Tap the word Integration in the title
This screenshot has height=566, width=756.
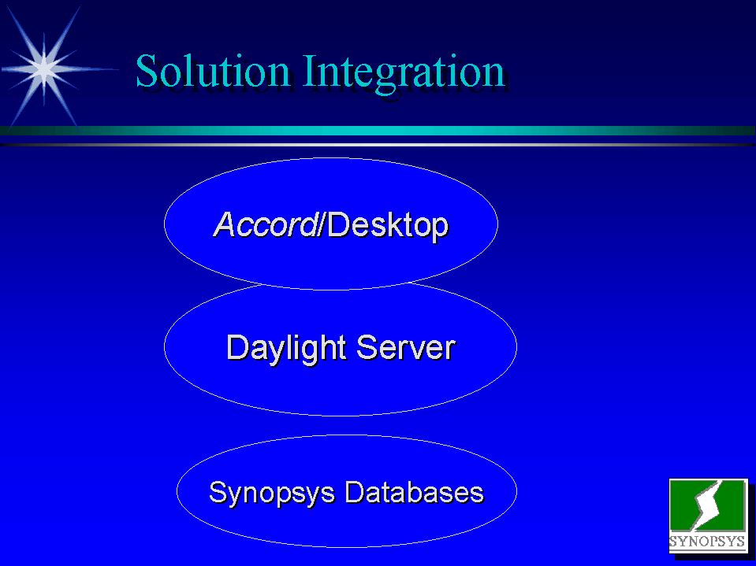pyautogui.click(x=404, y=73)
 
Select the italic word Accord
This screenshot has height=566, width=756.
pyautogui.click(x=265, y=224)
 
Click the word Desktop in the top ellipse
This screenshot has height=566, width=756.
pyautogui.click(x=388, y=225)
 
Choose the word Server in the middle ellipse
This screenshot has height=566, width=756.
pyautogui.click(x=406, y=347)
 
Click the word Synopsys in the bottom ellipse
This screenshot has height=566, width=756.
pyautogui.click(x=271, y=493)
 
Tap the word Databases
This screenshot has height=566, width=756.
pyautogui.click(x=414, y=492)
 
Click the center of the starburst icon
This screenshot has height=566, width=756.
pyautogui.click(x=44, y=68)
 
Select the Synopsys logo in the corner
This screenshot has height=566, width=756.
pyautogui.click(x=708, y=516)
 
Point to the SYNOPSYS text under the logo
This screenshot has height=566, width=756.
pyautogui.click(x=707, y=541)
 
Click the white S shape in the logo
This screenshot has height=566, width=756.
pyautogui.click(x=708, y=505)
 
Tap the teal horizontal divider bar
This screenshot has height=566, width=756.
pyautogui.click(x=378, y=131)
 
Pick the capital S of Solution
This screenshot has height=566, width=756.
pyautogui.click(x=147, y=71)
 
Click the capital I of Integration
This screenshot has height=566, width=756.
pyautogui.click(x=310, y=71)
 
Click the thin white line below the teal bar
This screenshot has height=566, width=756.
pyautogui.click(x=378, y=144)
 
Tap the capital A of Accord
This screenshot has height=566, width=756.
pyautogui.click(x=224, y=224)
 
